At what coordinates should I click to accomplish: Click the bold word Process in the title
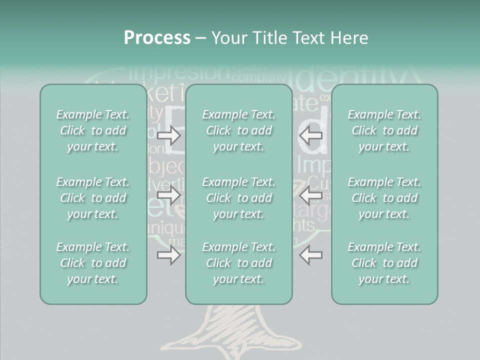(x=157, y=38)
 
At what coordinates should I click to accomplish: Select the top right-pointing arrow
(x=168, y=135)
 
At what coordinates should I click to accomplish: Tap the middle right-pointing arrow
(x=168, y=195)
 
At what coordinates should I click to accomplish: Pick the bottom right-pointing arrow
(x=168, y=255)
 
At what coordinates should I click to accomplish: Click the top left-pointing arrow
(x=310, y=135)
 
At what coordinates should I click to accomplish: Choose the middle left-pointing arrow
(x=310, y=195)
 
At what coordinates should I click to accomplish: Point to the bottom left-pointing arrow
(x=310, y=255)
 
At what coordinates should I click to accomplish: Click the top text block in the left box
(x=93, y=130)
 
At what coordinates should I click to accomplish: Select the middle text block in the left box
(x=93, y=198)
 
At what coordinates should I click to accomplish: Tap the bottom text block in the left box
(x=93, y=263)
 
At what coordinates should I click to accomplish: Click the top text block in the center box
(x=238, y=130)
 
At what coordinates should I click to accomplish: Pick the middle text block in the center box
(x=238, y=198)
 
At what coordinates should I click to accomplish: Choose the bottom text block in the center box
(x=238, y=263)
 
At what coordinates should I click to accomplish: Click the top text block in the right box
(x=384, y=130)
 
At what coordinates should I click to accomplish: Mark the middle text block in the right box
(x=384, y=198)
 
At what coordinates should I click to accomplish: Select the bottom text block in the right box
(x=384, y=263)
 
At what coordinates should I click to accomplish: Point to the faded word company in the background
(x=258, y=77)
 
